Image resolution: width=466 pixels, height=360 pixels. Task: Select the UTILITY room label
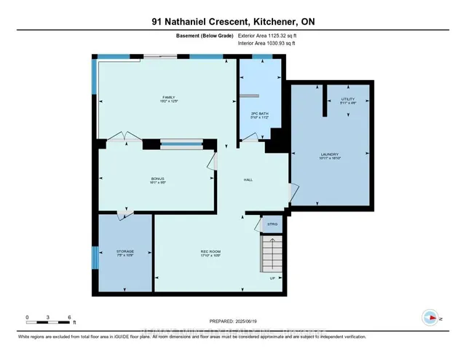point(348,101)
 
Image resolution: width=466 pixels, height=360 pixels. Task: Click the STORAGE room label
point(125,253)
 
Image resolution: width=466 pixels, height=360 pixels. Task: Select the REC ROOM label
point(210,253)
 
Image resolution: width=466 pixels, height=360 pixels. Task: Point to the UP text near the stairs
point(272,278)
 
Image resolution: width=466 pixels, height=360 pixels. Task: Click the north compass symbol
point(430,317)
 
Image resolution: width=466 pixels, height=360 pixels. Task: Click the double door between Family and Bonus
point(119,137)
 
